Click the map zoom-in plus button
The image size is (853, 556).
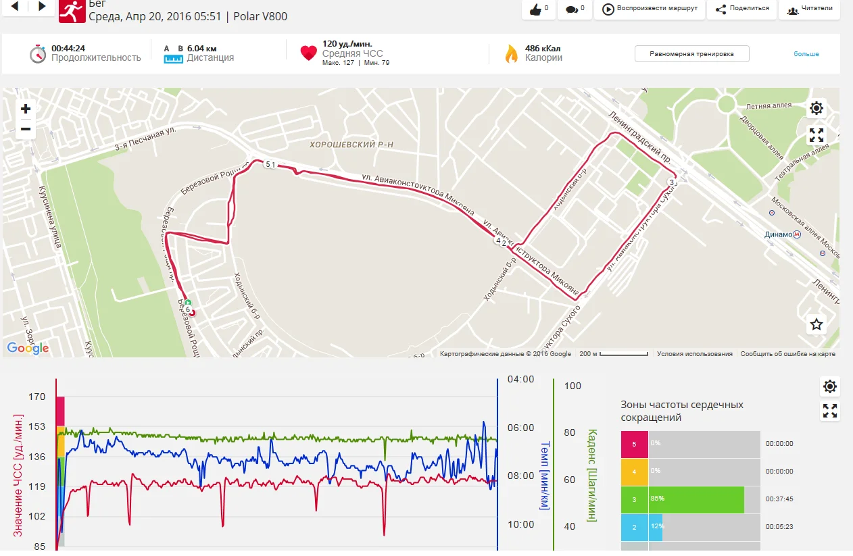click(26, 109)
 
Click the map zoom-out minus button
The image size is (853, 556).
click(26, 129)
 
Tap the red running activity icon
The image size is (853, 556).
click(72, 10)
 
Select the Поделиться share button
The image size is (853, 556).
click(742, 9)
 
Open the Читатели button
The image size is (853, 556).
click(809, 9)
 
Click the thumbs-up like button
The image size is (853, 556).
click(539, 9)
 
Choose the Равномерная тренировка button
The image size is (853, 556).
click(691, 54)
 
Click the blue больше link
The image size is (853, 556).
click(806, 54)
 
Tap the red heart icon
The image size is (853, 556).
click(308, 53)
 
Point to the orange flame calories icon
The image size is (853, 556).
click(511, 53)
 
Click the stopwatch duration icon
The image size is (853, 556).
click(37, 53)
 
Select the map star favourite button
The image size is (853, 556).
click(817, 324)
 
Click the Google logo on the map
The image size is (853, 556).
click(28, 348)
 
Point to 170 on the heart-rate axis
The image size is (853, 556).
click(36, 397)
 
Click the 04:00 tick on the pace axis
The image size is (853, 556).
click(520, 379)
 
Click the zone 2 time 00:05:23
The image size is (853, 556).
click(779, 527)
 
